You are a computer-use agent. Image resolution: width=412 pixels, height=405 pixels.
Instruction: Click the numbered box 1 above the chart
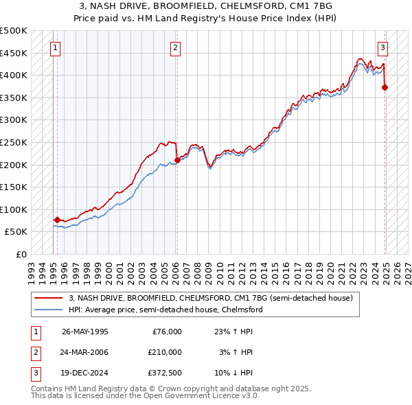click(x=55, y=48)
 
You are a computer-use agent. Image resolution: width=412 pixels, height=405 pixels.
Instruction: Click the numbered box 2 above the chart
click(x=176, y=48)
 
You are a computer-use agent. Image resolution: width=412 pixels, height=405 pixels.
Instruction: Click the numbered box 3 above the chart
click(x=382, y=48)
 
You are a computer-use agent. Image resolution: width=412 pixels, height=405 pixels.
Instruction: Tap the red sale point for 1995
click(x=57, y=220)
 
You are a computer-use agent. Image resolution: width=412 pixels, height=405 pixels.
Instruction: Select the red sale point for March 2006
click(x=177, y=160)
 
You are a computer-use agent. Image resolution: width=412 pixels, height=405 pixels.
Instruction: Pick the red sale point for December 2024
click(x=385, y=87)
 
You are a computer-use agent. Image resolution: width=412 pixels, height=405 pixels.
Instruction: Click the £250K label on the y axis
click(x=14, y=142)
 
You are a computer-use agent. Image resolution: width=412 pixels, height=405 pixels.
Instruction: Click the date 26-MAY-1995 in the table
click(x=84, y=332)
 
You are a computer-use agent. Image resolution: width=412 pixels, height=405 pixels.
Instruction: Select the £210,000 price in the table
click(x=165, y=352)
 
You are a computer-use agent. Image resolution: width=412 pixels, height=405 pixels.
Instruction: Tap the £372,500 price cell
click(x=165, y=373)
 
